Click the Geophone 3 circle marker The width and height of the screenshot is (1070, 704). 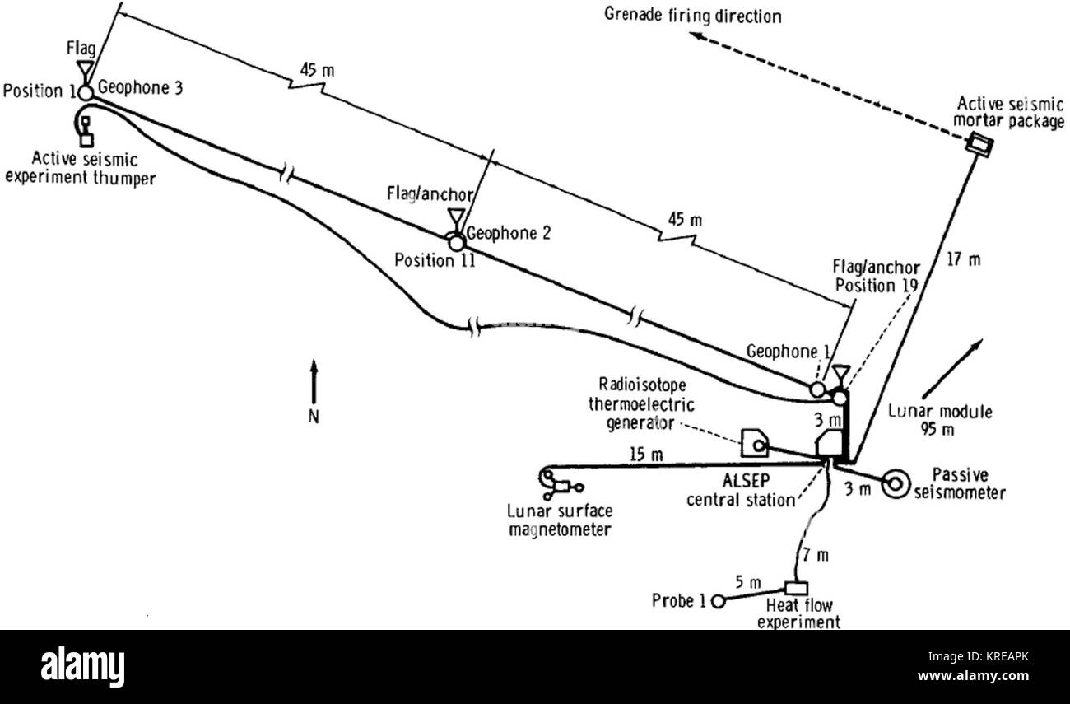[x=86, y=92]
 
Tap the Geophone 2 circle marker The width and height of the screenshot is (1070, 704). [x=457, y=243]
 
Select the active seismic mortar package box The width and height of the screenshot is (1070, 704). [x=980, y=144]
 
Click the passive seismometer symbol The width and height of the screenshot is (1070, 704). [x=896, y=484]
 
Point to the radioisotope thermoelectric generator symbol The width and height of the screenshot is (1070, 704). [x=755, y=443]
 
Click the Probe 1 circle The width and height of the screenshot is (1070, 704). [x=718, y=601]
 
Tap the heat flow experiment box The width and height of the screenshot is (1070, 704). [x=796, y=588]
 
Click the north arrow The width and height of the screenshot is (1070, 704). [x=314, y=381]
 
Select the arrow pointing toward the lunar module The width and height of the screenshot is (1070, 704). [x=952, y=369]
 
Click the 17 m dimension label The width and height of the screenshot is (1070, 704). [x=964, y=259]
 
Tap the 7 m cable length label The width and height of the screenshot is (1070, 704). [x=816, y=555]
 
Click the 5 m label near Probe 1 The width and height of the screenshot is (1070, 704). [x=748, y=582]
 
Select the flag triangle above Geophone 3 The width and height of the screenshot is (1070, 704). [x=86, y=68]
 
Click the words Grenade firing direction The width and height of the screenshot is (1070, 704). [x=693, y=15]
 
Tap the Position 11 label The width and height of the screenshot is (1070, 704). [x=435, y=260]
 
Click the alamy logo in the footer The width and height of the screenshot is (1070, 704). [x=82, y=667]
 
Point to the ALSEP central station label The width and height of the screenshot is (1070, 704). [x=742, y=491]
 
